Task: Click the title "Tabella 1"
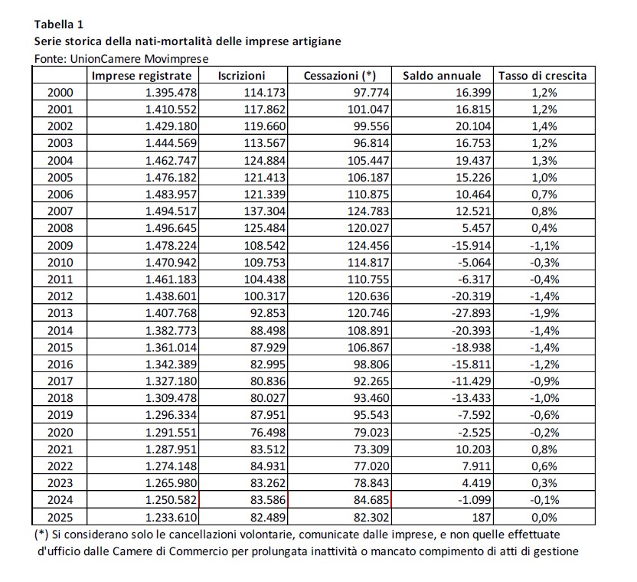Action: point(60,24)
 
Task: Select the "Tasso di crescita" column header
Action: point(543,76)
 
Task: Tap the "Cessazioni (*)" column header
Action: point(340,76)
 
